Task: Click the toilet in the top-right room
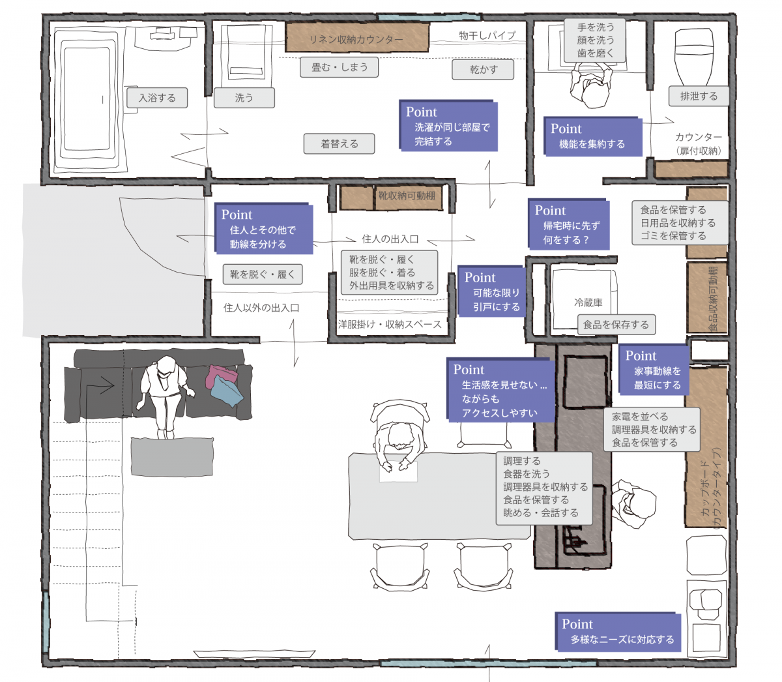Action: [694, 57]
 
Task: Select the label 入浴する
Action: [157, 98]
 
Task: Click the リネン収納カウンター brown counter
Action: [357, 37]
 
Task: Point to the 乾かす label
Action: [483, 69]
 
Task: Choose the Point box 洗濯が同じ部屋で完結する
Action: [448, 126]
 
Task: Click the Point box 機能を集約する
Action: [592, 136]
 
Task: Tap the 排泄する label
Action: [699, 96]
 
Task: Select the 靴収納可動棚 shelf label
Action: [407, 196]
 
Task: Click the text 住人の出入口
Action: [390, 239]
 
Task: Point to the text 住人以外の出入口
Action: [261, 308]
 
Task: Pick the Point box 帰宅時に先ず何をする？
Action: [569, 224]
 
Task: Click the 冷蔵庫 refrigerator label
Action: [588, 303]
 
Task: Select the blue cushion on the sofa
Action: [227, 391]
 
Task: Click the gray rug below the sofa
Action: [172, 456]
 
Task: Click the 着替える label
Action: [339, 143]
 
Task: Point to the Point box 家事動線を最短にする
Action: [654, 369]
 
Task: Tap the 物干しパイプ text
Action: [487, 36]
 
